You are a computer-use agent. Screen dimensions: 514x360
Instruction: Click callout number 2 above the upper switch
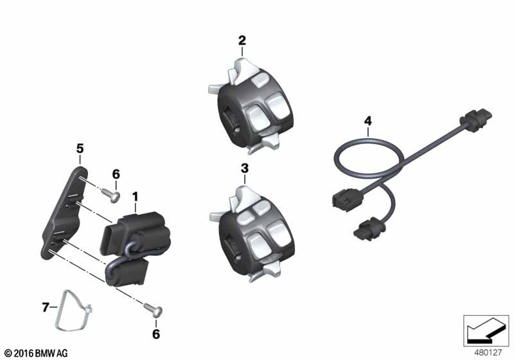click(x=242, y=40)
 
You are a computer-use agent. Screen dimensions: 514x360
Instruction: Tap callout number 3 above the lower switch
click(x=245, y=168)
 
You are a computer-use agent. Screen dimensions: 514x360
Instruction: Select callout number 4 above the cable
click(x=368, y=121)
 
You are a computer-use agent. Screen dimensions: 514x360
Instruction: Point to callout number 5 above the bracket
click(x=80, y=149)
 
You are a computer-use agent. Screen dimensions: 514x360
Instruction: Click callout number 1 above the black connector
click(x=135, y=197)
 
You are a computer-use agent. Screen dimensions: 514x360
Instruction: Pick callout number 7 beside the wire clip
click(x=46, y=307)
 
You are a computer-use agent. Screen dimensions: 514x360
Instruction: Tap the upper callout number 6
click(x=116, y=174)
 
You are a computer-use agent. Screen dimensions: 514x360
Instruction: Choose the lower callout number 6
click(x=156, y=334)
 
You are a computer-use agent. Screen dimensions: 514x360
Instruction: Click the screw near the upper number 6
click(x=111, y=195)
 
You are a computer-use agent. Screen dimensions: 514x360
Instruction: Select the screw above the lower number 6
click(x=153, y=310)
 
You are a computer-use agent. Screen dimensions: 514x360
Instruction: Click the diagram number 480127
click(x=488, y=353)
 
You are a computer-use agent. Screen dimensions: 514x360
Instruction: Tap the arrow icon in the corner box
click(x=486, y=330)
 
